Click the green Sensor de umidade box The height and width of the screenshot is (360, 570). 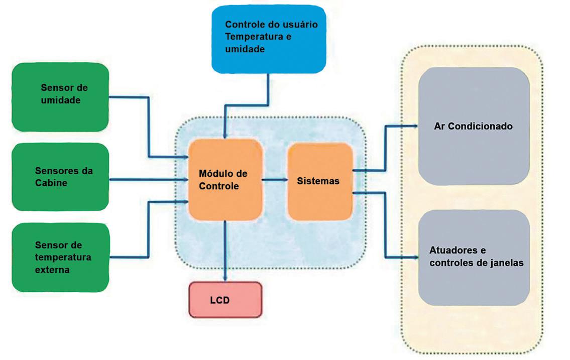[x=60, y=96]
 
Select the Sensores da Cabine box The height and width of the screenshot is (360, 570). [x=60, y=177]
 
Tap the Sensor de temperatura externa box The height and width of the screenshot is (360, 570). [x=60, y=257]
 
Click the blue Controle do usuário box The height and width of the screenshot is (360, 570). [x=268, y=39]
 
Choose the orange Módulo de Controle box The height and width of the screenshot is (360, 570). [x=225, y=179]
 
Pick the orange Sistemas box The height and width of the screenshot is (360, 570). [x=319, y=181]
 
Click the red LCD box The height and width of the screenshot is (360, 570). [x=225, y=300]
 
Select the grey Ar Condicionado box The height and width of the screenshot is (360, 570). [x=473, y=126]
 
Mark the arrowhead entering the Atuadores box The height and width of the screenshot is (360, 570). [x=414, y=258]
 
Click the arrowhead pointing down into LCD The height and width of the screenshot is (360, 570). [x=225, y=279]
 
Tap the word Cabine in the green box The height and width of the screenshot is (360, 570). [x=51, y=183]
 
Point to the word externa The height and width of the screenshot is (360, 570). [x=52, y=270]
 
